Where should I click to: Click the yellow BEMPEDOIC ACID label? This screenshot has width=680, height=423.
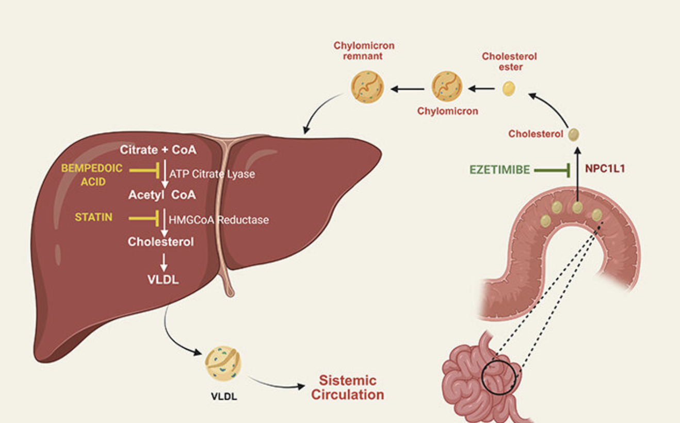click(x=92, y=175)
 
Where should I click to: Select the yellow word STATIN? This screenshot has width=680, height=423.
click(x=93, y=217)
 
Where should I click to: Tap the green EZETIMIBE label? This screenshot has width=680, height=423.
click(x=500, y=170)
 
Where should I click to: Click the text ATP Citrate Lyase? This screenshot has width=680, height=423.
click(x=212, y=174)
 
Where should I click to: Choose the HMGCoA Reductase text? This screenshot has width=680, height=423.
click(x=219, y=220)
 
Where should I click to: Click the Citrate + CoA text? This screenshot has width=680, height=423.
click(x=158, y=150)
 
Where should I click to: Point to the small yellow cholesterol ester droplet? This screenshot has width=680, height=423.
click(x=509, y=89)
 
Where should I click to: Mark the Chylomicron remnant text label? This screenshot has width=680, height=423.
click(x=364, y=51)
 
